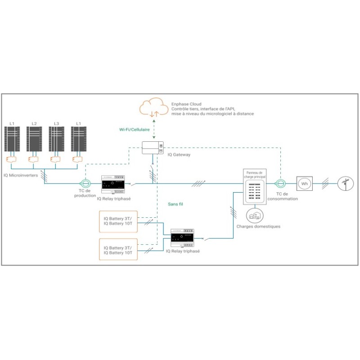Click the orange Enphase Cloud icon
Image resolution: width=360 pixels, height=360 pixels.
click(153, 108)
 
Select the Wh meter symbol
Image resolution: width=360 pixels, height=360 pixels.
click(304, 183)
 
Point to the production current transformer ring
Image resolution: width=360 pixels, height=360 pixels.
click(85, 184)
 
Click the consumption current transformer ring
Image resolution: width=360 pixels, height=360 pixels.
click(280, 183)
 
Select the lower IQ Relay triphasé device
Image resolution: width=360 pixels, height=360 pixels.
click(182, 238)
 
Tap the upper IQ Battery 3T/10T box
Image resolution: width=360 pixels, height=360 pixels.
click(117, 221)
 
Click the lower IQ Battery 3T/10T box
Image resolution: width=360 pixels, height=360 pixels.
click(117, 250)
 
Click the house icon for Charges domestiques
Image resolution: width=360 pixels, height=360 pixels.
click(255, 215)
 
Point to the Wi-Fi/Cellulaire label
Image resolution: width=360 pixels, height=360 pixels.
click(135, 129)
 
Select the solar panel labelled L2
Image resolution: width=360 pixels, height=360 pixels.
click(34, 140)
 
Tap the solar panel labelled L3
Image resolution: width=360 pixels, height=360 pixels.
click(56, 140)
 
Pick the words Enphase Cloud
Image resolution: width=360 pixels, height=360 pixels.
click(186, 104)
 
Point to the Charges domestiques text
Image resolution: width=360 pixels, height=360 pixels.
click(258, 226)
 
